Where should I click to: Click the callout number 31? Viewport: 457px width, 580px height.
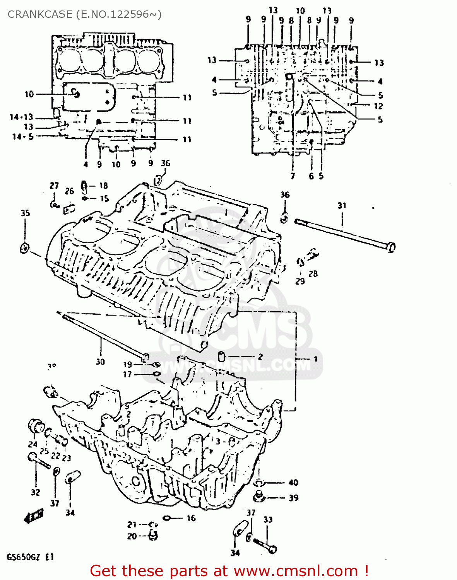point(342,205)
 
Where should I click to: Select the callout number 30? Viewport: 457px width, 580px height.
point(100,362)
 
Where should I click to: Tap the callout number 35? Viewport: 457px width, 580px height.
point(25,213)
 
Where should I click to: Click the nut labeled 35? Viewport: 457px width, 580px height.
point(24,248)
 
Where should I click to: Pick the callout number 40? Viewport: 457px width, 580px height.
point(293,482)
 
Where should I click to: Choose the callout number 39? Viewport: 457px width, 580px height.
point(293,498)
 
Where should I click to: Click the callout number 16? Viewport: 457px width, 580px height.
point(191,518)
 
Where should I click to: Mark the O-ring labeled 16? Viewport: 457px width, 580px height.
point(167,518)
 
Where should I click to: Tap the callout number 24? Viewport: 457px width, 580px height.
point(33,444)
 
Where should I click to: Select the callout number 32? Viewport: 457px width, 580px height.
point(36,492)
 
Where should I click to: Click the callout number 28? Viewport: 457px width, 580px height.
point(313,274)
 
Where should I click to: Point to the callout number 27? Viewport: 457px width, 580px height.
point(54,186)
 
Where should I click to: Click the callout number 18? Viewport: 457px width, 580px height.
point(103,186)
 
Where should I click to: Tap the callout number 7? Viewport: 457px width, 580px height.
point(293,176)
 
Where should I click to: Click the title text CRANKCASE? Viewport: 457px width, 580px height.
point(40,14)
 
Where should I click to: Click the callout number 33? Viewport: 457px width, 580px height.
point(268,520)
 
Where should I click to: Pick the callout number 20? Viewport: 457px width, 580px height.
point(132,536)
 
